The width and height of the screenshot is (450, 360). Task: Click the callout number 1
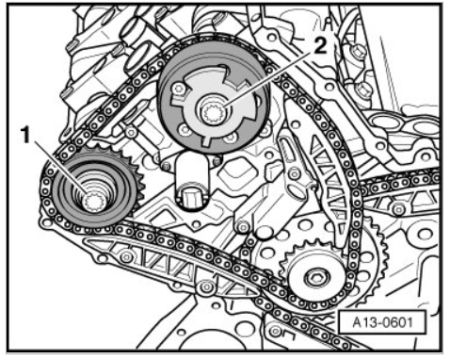(24, 134)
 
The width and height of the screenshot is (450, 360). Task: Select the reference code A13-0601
(382, 322)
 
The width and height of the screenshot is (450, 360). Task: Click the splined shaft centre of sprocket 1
(92, 201)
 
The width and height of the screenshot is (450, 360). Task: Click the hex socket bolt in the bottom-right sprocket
(317, 277)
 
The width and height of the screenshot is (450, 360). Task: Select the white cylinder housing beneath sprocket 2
(192, 180)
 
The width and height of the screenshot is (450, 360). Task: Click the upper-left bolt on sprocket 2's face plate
(178, 89)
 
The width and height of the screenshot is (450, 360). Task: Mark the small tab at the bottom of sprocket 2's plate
(207, 140)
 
